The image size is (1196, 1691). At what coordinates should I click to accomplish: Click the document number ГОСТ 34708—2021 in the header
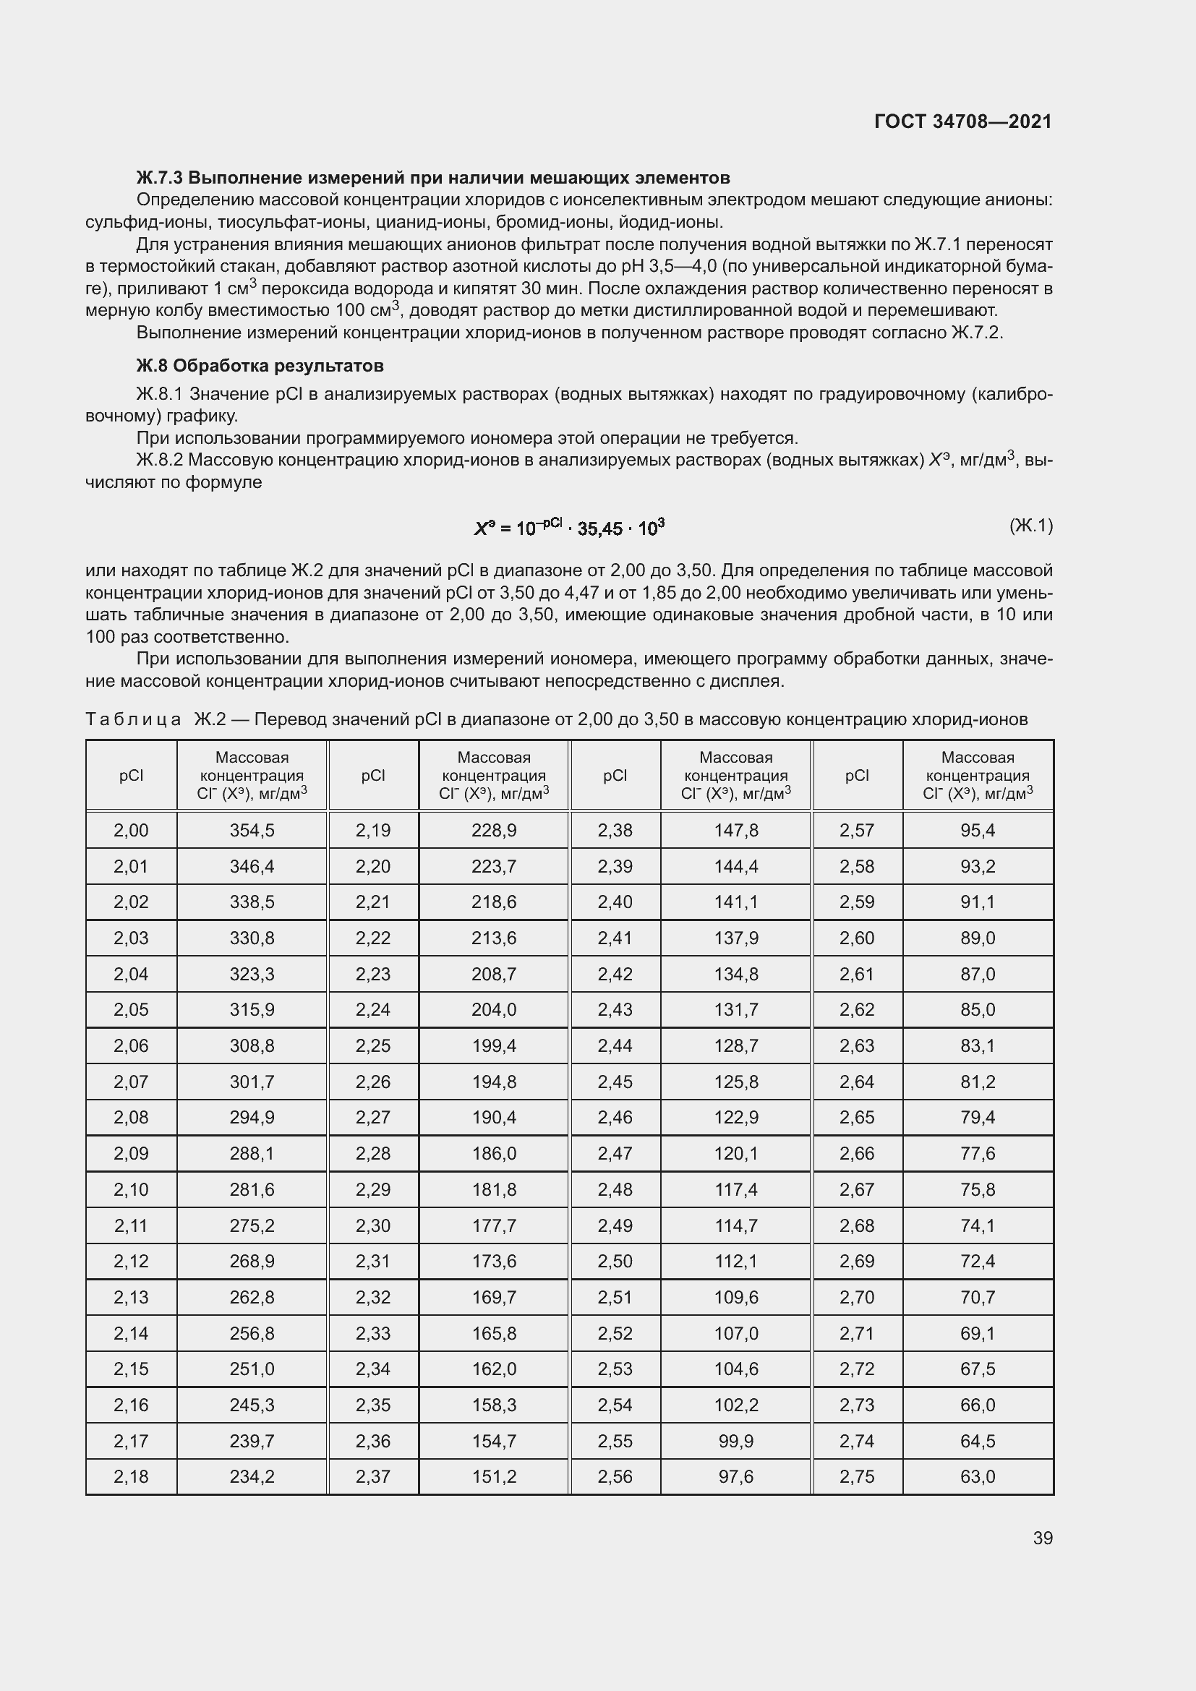(962, 121)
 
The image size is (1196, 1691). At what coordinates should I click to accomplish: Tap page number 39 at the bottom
(1042, 1538)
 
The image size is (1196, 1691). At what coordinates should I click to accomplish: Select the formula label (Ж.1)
(1030, 525)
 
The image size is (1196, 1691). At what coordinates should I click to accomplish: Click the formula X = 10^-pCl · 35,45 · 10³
(569, 527)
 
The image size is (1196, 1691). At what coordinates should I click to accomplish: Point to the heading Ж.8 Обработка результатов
(260, 365)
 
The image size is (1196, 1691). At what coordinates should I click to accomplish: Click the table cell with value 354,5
(252, 830)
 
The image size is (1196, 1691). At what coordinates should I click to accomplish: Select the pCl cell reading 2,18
(131, 1477)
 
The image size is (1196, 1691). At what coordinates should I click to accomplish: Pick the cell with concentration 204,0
(493, 1010)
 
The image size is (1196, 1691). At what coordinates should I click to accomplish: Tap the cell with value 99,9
(735, 1441)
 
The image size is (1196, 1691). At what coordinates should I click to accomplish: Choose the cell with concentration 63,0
(978, 1477)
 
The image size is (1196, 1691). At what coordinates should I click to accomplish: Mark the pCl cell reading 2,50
(615, 1261)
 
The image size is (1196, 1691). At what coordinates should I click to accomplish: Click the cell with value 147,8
(735, 830)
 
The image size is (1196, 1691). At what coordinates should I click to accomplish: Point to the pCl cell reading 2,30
(372, 1225)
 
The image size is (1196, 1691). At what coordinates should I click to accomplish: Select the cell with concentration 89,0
(978, 938)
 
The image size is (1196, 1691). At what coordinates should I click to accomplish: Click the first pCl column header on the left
(131, 775)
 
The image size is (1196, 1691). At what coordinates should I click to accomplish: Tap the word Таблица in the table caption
(133, 719)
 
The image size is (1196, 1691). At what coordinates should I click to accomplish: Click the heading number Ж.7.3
(159, 178)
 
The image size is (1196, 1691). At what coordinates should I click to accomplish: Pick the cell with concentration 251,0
(252, 1369)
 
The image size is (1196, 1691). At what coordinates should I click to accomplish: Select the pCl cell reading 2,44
(615, 1046)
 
